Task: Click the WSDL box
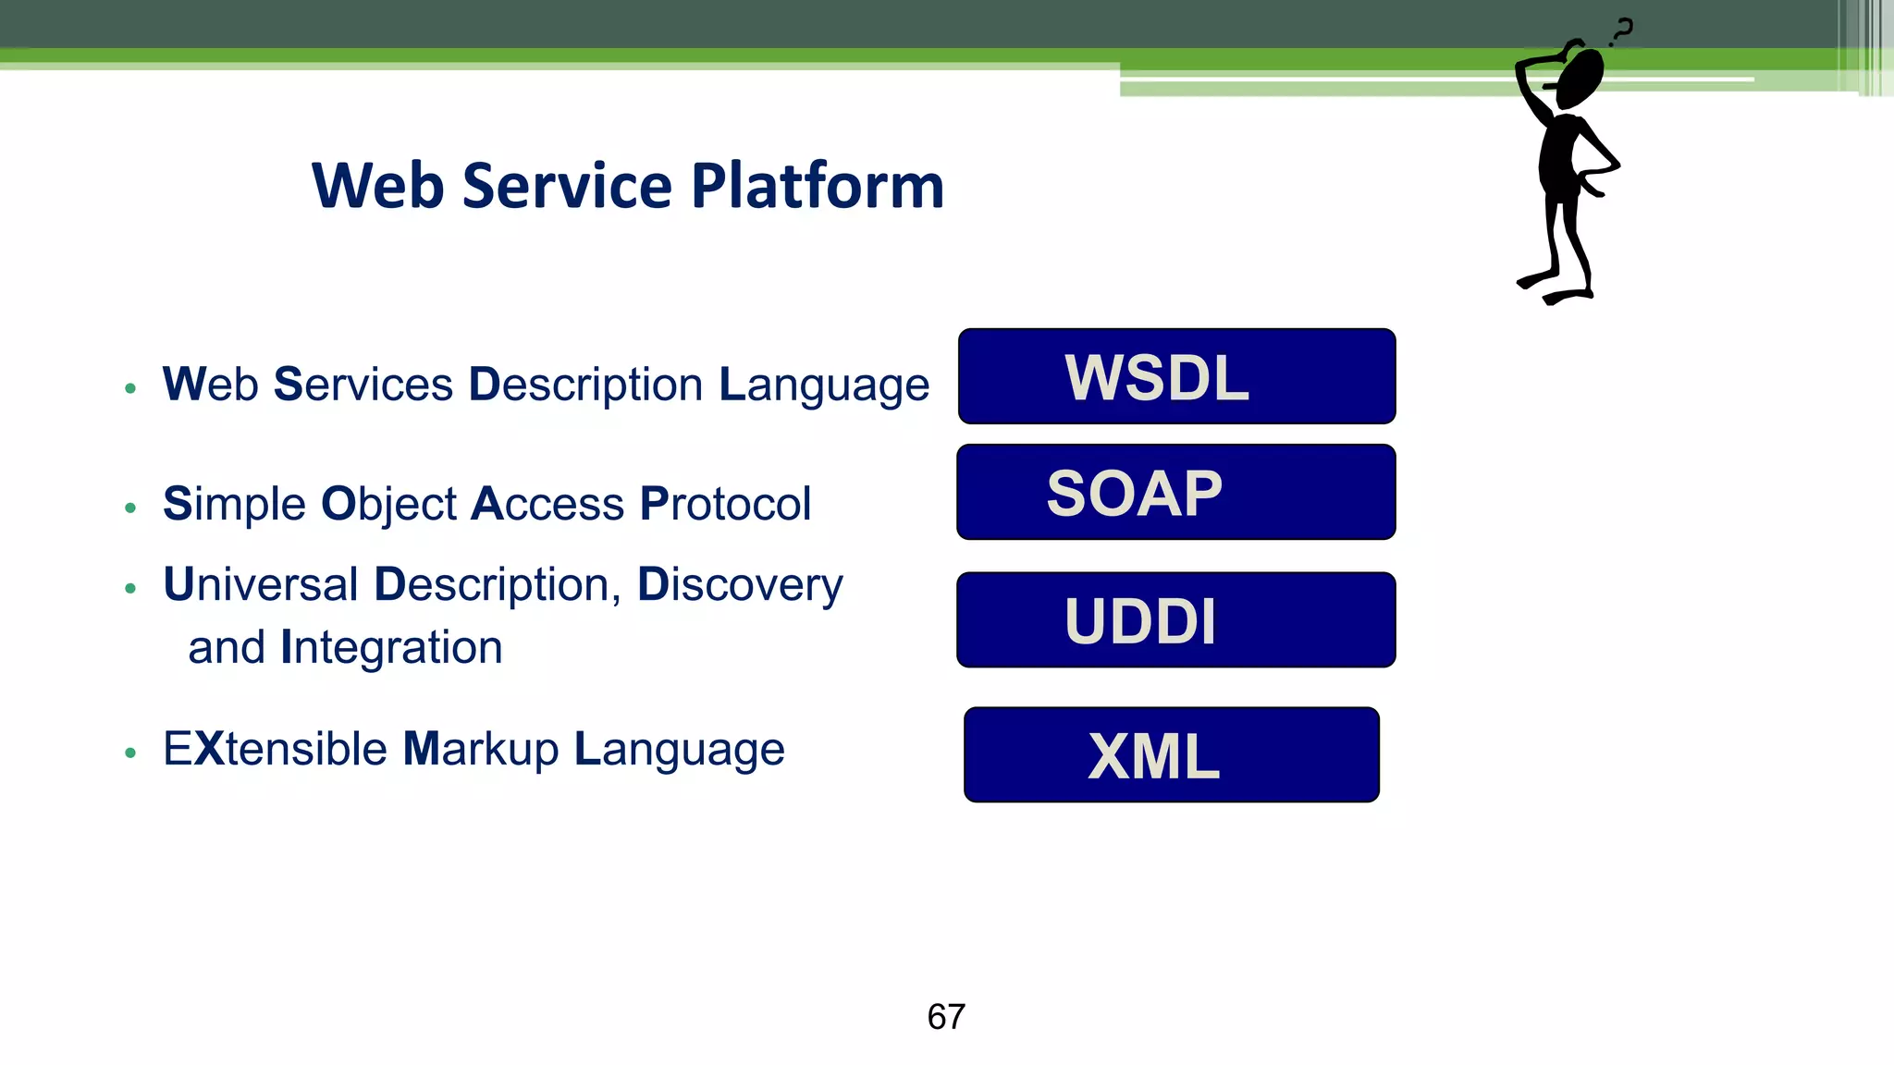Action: tap(1176, 376)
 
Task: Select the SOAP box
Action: tap(1175, 492)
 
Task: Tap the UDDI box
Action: tap(1175, 619)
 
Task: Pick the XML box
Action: tap(1171, 754)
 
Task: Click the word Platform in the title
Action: tap(818, 186)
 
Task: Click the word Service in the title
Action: tap(566, 186)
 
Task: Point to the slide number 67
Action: tap(946, 1017)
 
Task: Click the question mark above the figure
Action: tap(1622, 31)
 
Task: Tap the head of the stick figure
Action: tap(1580, 78)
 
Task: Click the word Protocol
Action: tap(725, 504)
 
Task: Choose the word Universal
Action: tap(261, 584)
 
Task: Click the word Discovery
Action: tap(740, 584)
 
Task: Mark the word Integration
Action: tap(391, 647)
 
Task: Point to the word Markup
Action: tap(481, 749)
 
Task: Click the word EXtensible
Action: tap(275, 749)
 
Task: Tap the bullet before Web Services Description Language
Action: tap(130, 388)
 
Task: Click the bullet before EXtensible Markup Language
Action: tap(130, 753)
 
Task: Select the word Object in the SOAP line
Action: tap(388, 504)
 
